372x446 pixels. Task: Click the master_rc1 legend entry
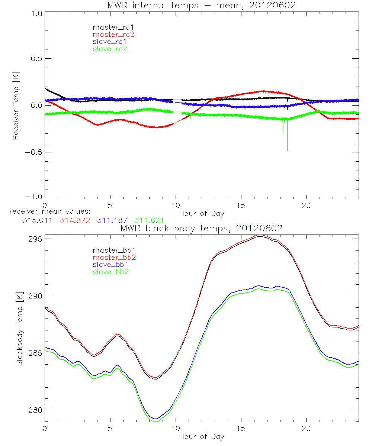(110, 27)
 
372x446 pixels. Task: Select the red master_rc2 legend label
(113, 34)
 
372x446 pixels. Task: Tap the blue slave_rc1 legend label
(110, 41)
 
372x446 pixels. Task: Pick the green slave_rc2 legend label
(110, 49)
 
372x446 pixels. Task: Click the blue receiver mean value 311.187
(112, 221)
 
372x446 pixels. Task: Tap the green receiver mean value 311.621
(149, 221)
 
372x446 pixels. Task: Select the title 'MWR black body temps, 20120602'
(201, 228)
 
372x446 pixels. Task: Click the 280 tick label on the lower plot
(34, 410)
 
